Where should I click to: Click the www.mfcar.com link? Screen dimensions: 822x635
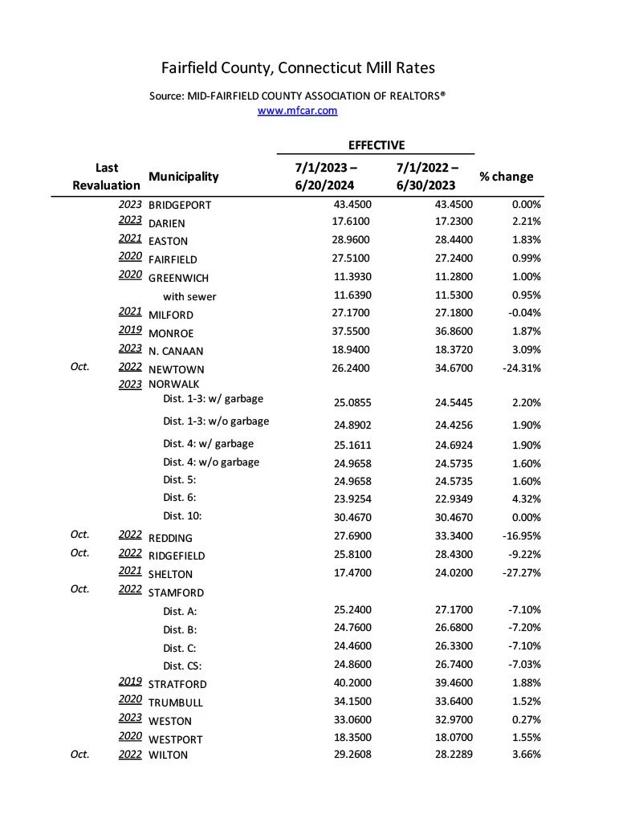coord(297,111)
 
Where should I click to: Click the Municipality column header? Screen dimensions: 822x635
coord(183,177)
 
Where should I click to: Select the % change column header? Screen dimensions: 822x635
coord(506,177)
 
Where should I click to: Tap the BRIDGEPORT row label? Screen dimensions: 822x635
coord(180,205)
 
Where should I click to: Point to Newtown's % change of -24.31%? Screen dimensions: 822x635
coord(519,369)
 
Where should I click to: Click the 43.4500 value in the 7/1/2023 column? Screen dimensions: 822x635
coord(352,205)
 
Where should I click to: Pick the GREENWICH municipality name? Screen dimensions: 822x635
coord(178,279)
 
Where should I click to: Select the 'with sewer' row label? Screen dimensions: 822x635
coord(189,297)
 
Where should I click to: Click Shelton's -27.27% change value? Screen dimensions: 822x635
coord(519,574)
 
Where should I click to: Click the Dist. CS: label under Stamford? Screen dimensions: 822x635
coord(182,665)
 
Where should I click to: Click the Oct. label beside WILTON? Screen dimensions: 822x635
coord(79,754)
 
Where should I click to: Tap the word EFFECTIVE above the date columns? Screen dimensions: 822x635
coord(376,145)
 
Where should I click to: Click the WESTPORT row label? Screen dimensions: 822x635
coord(176,739)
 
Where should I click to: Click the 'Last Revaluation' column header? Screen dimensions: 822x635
coord(106,177)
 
